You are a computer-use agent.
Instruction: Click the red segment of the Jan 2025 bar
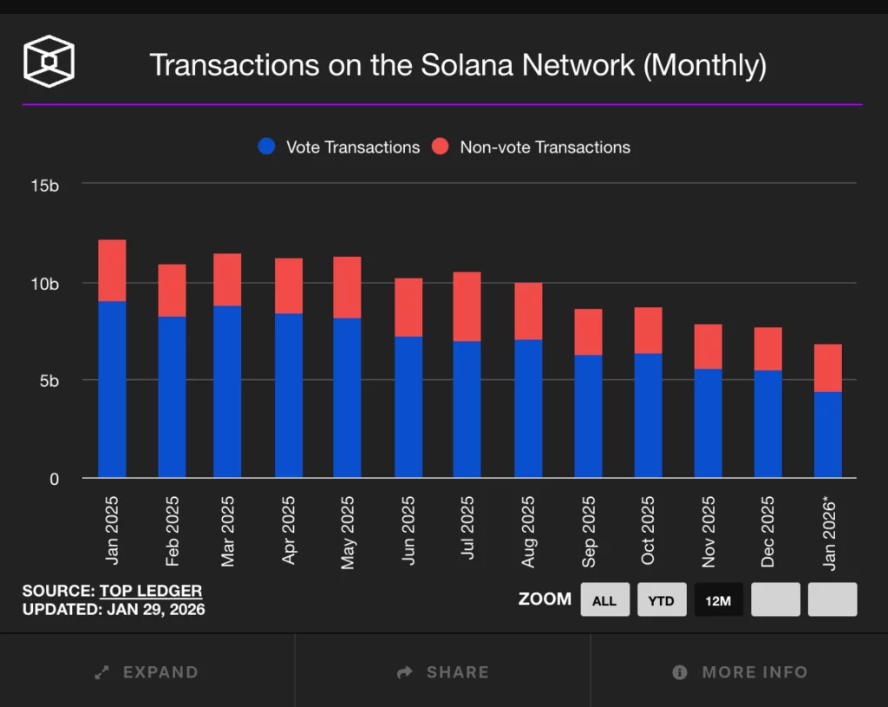pos(112,270)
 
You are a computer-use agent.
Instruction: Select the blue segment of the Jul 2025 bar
pos(467,409)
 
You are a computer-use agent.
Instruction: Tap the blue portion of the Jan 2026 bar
pos(827,434)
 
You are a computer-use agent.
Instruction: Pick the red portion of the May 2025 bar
pos(347,287)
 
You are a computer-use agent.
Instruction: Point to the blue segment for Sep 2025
pos(588,416)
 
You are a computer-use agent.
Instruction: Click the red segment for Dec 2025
pos(767,349)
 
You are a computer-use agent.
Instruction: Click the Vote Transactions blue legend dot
pos(267,147)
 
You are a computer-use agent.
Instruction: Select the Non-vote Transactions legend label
pos(545,147)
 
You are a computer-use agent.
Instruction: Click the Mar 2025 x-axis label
pos(228,531)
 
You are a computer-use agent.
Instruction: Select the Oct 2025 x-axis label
pos(648,530)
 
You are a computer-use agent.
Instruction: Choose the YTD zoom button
pos(661,600)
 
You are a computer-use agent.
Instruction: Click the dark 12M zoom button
pos(718,600)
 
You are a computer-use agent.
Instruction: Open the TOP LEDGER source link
pos(151,591)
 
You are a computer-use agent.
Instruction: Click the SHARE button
pos(443,671)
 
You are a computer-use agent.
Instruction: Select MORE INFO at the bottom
pos(740,671)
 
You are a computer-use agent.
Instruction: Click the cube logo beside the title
pos(49,62)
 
